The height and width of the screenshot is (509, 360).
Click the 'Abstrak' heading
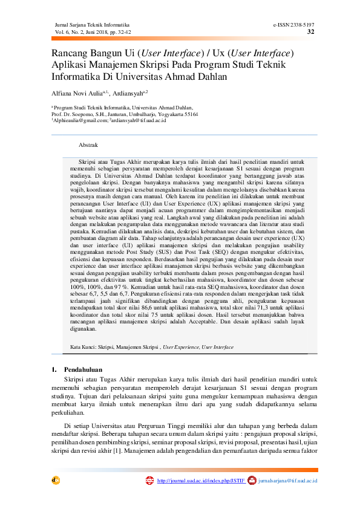[x=88, y=145]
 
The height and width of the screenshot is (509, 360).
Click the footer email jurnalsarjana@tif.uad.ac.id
[x=287, y=481]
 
